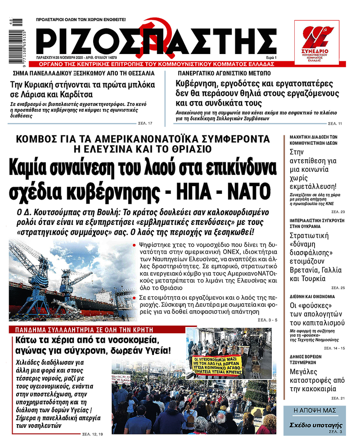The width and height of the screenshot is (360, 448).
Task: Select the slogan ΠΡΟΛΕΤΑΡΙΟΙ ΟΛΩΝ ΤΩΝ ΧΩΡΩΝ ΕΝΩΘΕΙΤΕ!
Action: tap(81, 20)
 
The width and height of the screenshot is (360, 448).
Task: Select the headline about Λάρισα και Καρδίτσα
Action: tap(82, 89)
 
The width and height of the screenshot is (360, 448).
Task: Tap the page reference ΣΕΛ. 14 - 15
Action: tap(336, 348)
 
